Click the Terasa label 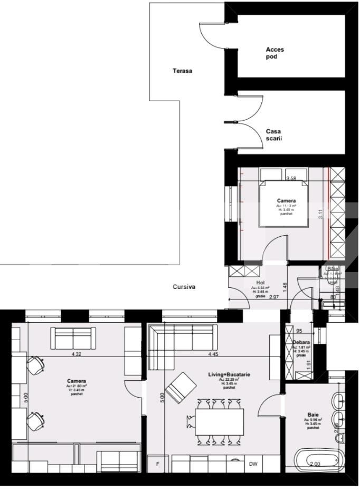coord(182,70)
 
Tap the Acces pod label coord(274,53)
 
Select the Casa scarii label coord(273,135)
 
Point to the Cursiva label coord(184,287)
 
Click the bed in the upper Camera coord(284,204)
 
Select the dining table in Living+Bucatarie coord(220,421)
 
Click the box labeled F coord(156,465)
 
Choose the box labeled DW coord(253,465)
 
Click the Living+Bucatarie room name coord(229,374)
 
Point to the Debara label coord(301,342)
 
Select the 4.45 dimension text coord(213,354)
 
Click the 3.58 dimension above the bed coord(290,179)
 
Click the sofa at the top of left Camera coord(73,336)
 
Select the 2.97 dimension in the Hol coord(274,297)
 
